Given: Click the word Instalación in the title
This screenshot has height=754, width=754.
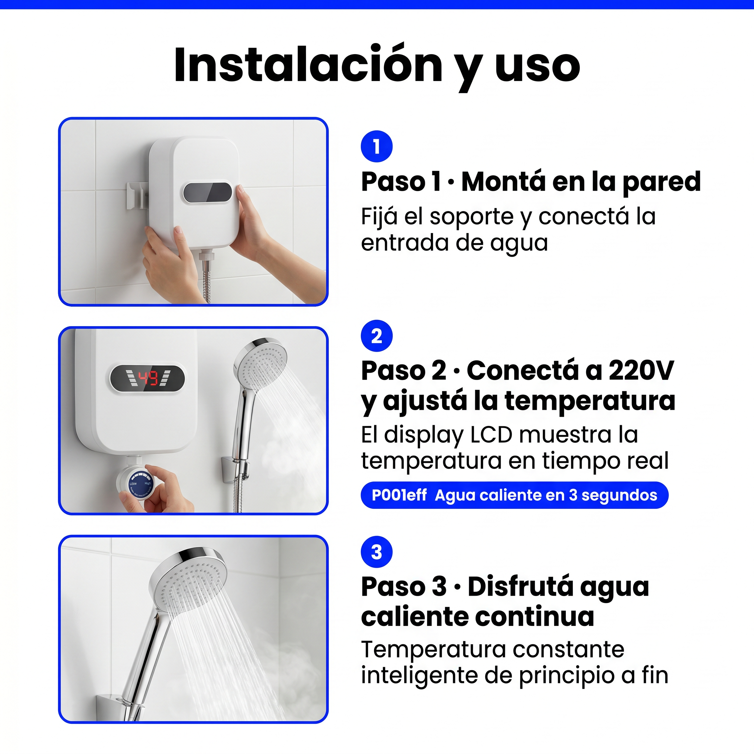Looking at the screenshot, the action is [308, 65].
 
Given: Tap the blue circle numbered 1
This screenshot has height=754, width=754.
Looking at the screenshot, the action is [377, 147].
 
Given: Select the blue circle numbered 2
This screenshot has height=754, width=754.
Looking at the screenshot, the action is [377, 336].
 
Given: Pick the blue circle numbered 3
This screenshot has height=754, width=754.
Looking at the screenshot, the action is [377, 552].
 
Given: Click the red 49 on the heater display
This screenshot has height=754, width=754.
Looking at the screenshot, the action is [148, 378].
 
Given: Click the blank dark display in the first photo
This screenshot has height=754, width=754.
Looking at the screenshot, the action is [208, 193].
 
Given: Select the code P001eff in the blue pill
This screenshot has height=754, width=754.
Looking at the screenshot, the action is [399, 495].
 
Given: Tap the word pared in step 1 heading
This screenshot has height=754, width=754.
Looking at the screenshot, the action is [662, 182].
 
